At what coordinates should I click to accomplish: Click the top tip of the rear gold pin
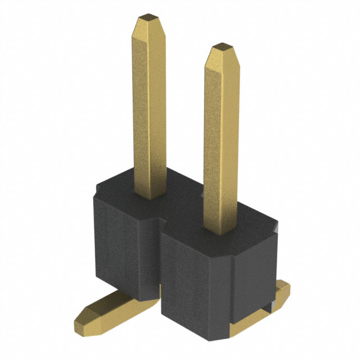coord(148,17)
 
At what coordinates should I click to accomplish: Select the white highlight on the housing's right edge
coord(276,227)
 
